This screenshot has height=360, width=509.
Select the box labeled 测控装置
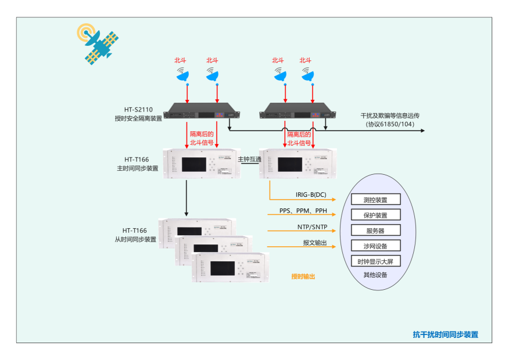click(375, 200)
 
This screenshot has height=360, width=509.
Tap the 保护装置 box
click(375, 215)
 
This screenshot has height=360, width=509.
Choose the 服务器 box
click(375, 231)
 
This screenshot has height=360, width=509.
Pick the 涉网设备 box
click(375, 246)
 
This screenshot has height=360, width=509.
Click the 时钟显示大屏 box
click(375, 261)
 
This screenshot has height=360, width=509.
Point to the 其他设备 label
click(375, 275)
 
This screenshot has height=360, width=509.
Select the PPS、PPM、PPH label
click(303, 210)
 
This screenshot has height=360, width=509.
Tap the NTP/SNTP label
click(312, 226)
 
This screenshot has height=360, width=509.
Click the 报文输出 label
click(314, 242)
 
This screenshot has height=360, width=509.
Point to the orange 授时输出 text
click(303, 276)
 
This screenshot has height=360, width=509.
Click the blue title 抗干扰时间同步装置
click(445, 334)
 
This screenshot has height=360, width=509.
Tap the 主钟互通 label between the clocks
click(249, 159)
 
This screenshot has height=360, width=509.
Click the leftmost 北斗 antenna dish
click(183, 74)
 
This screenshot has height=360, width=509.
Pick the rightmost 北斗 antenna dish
click(308, 74)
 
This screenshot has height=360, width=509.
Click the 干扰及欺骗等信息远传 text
click(390, 116)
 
